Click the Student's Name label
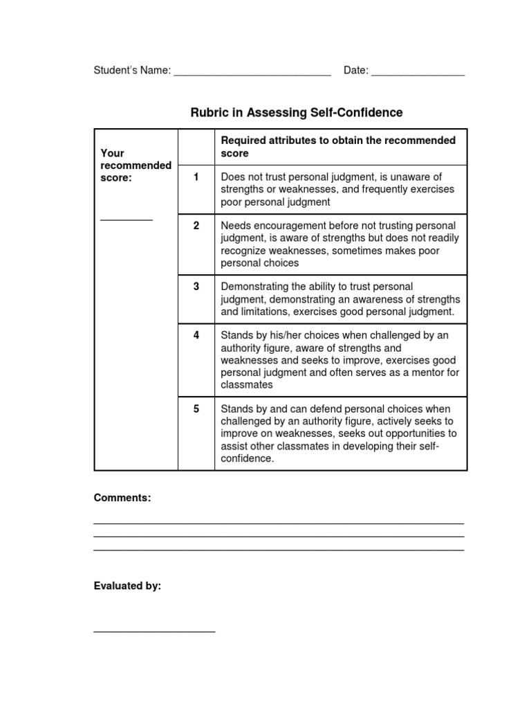[x=132, y=71]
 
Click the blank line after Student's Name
[x=252, y=74]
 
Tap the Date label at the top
[x=355, y=71]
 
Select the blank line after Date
[x=418, y=74]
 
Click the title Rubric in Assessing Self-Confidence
[x=296, y=112]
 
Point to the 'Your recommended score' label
[x=136, y=165]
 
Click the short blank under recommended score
[x=127, y=219]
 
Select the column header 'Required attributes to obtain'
[x=338, y=146]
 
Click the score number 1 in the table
[x=196, y=177]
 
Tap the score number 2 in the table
[x=196, y=226]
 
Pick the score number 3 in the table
[x=196, y=287]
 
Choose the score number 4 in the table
[x=196, y=335]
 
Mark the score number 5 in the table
[x=196, y=409]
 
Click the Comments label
[x=122, y=498]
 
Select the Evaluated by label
[x=127, y=586]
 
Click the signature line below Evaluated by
[x=154, y=631]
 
